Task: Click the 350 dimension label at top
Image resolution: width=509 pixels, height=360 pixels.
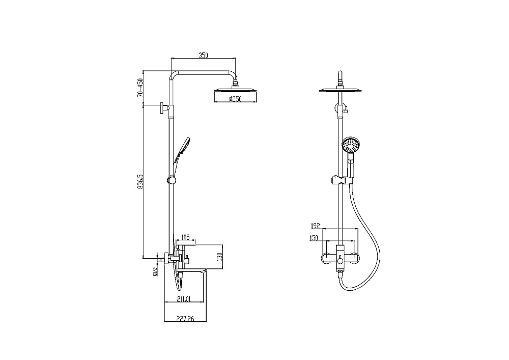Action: coord(204,56)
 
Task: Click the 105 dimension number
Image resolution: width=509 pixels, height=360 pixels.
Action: coord(185,237)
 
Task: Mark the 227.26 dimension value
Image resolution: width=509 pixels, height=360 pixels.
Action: coord(185,320)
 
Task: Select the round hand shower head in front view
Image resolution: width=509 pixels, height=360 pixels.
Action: coord(350,145)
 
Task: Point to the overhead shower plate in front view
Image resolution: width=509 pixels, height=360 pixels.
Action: coord(341,91)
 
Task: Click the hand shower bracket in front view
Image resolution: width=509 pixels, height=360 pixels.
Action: coord(341,180)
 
